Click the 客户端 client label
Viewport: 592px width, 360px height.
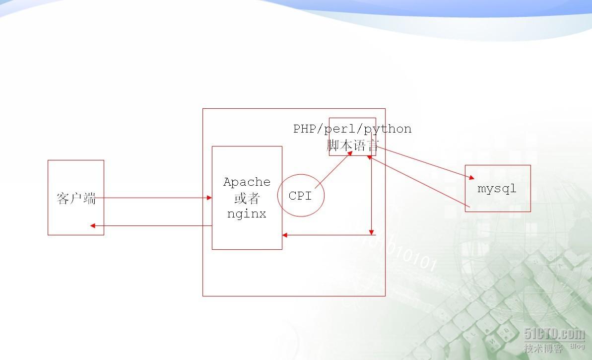[x=76, y=199]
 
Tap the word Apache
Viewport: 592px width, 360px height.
[x=247, y=182]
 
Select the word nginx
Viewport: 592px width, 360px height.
[x=247, y=214]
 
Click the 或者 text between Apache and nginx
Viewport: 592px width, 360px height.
[x=247, y=198]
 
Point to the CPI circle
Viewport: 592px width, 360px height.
[x=301, y=196]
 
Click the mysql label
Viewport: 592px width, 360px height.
[x=497, y=189]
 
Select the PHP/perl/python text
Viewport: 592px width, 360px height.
[x=352, y=129]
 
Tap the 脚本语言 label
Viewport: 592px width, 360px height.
[x=353, y=145]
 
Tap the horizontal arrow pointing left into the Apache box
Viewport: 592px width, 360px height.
[x=328, y=235]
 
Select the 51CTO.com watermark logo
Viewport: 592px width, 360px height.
[x=554, y=334]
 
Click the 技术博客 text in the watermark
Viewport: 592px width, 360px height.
[x=543, y=348]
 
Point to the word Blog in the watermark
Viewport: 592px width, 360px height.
[x=577, y=346]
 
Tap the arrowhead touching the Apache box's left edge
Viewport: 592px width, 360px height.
[x=209, y=198]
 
